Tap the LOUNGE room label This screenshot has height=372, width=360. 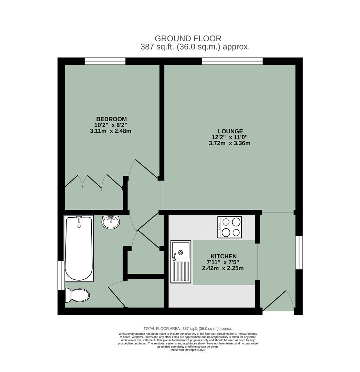click(230, 131)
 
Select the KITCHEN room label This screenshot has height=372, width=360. click(224, 256)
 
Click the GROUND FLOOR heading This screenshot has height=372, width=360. click(188, 39)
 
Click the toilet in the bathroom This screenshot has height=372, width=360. click(78, 295)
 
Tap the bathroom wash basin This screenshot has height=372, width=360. click(111, 222)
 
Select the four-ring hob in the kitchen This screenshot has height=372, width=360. click(229, 227)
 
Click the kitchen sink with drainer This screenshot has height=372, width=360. click(181, 262)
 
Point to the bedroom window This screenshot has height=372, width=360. click(105, 61)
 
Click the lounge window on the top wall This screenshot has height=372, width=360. click(232, 61)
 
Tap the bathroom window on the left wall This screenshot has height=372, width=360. click(61, 275)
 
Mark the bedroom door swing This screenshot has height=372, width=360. click(143, 169)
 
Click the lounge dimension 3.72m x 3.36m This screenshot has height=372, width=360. click(229, 143)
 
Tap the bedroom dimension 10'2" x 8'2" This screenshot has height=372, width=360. click(111, 125)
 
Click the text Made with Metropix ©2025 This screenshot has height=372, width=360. click(188, 350)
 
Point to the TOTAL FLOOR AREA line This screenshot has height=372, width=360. click(188, 329)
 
